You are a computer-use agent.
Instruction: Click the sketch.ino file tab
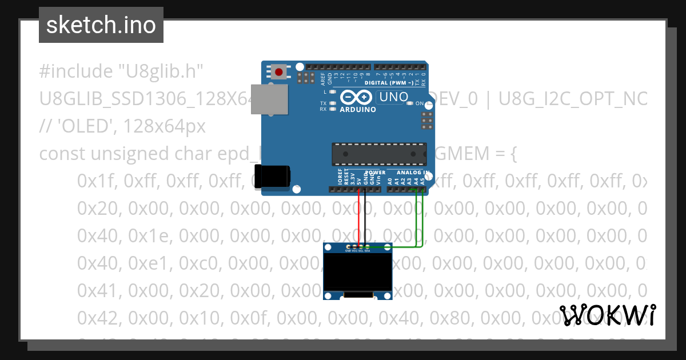(101, 25)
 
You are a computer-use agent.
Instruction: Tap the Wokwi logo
(607, 315)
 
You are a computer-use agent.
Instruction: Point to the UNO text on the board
(394, 97)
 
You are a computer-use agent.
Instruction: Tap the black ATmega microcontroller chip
(379, 153)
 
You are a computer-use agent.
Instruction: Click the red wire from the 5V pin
(359, 217)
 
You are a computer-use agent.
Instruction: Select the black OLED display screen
(358, 272)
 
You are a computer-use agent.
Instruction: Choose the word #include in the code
(75, 71)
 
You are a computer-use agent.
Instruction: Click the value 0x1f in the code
(97, 181)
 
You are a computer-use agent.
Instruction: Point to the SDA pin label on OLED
(366, 250)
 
